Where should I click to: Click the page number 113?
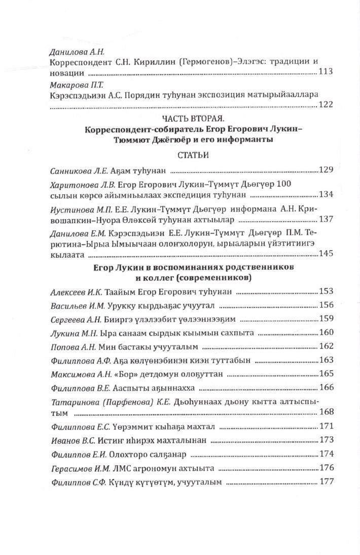coord(325,72)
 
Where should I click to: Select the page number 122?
coord(325,105)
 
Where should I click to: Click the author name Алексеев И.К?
coord(75,292)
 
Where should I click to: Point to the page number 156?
coord(325,305)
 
